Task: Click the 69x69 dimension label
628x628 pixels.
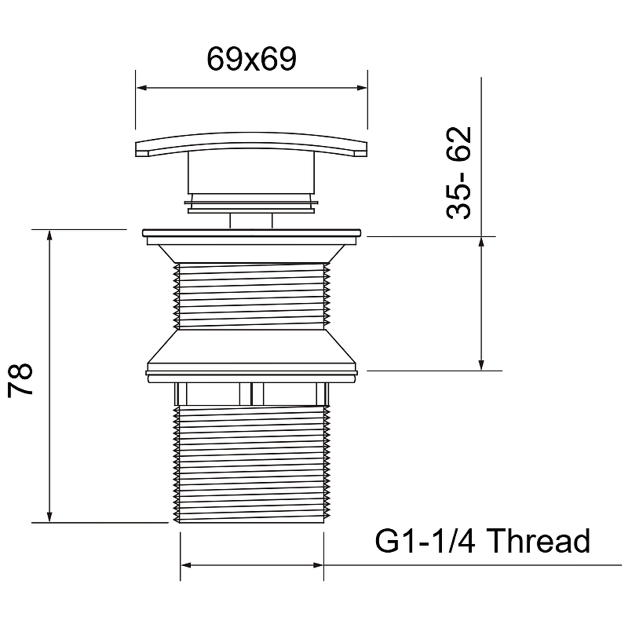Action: pos(251,59)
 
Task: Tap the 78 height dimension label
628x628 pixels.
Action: pos(20,379)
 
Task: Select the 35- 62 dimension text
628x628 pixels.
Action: pos(459,173)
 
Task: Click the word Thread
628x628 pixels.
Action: pos(539,540)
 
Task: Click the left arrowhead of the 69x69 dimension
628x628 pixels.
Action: pos(141,88)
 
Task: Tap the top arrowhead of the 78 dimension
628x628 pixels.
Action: pos(49,235)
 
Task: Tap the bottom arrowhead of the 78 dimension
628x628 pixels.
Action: pos(49,517)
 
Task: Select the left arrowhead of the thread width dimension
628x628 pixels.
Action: pos(186,565)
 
